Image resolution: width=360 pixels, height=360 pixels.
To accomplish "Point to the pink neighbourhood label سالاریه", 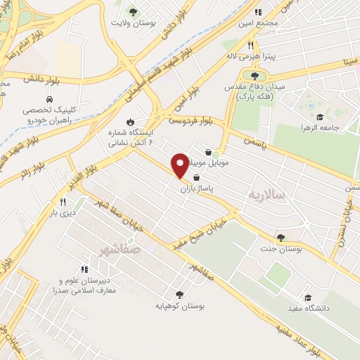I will point(266,193).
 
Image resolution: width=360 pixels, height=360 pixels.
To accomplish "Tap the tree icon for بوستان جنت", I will point(281,238).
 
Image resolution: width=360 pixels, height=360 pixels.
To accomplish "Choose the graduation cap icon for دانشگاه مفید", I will point(307,297).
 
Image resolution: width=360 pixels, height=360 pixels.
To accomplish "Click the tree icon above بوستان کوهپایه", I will point(177,295).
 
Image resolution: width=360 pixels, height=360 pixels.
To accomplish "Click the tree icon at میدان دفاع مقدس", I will point(254,75).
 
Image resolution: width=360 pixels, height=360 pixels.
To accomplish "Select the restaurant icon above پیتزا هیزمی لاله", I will point(249,43).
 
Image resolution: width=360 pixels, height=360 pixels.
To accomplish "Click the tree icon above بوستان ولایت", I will point(133,11).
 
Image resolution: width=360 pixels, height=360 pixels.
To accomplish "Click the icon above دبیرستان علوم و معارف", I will point(84,269).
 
